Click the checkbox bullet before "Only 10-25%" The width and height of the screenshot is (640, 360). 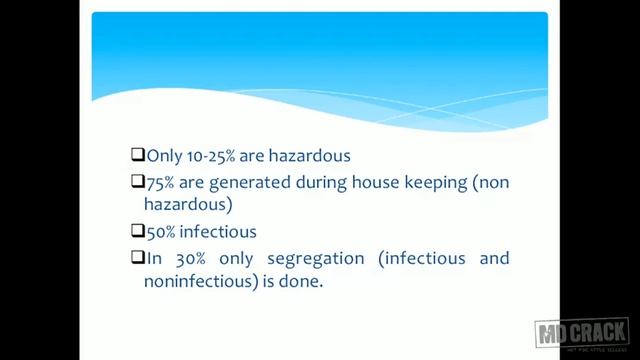coord(138,156)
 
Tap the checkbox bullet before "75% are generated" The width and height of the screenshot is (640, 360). coord(138,182)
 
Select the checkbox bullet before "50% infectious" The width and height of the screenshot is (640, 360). coord(138,232)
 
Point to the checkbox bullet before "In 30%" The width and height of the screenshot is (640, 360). coord(138,258)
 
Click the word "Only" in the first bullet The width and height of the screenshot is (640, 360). coord(164,156)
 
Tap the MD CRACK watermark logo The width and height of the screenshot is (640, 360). coord(582,334)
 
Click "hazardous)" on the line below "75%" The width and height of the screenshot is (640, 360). coord(188,205)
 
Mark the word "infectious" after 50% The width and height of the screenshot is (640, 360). coord(219,232)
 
